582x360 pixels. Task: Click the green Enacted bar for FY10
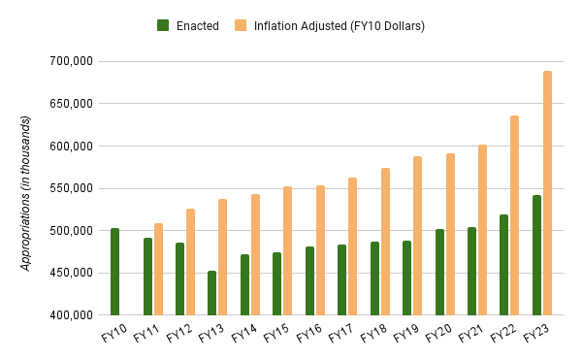pos(114,272)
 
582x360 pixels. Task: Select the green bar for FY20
pos(439,273)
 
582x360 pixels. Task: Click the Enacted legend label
pos(198,25)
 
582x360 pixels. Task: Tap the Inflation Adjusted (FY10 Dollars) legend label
pos(339,25)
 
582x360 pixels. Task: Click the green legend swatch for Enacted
pos(164,25)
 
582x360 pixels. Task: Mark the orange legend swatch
pos(241,25)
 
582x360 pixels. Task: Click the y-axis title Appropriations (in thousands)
pos(26,192)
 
